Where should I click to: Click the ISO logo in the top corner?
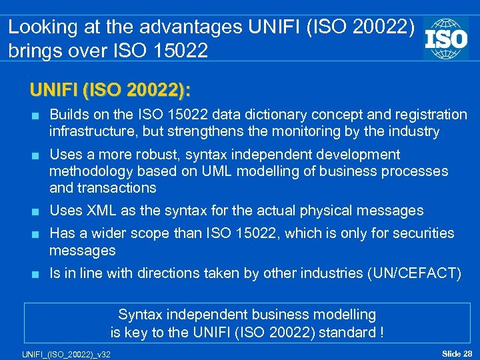tap(446, 37)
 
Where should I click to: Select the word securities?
tap(421, 233)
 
